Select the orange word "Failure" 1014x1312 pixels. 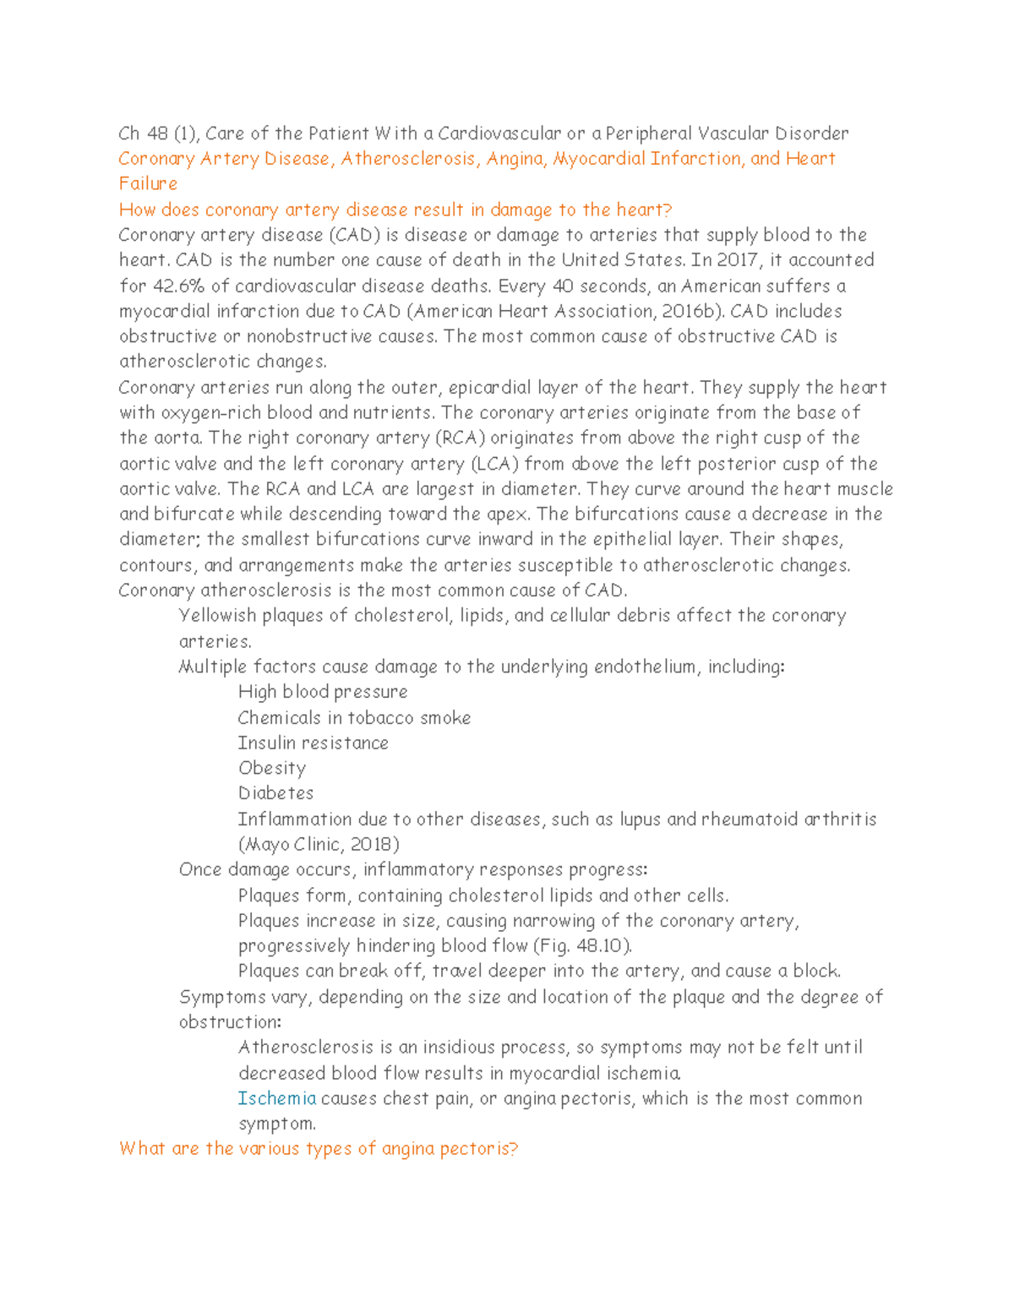(x=148, y=184)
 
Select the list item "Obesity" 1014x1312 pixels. (x=272, y=768)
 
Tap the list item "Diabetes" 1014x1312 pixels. (x=275, y=793)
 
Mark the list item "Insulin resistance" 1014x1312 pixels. (x=313, y=743)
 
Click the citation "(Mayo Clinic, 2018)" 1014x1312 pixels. (x=319, y=844)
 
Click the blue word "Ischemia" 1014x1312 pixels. (x=277, y=1098)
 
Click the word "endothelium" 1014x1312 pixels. (x=646, y=667)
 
